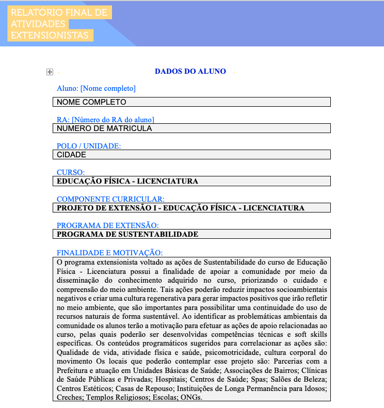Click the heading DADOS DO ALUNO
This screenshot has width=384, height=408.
coord(190,71)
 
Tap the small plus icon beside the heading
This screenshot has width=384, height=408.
coord(50,72)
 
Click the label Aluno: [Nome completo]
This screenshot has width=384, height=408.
coord(96,89)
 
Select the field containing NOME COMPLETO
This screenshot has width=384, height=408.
coord(191,102)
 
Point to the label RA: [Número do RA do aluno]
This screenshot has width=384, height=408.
coord(105,120)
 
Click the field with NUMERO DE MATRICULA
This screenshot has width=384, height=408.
coord(191,128)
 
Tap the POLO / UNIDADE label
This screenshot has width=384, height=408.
coord(89,146)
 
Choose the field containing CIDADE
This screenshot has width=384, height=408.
coord(191,154)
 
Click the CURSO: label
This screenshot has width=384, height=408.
coord(71,172)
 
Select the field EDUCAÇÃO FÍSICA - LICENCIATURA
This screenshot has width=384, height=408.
coord(191,181)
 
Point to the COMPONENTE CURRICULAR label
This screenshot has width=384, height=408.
coord(110,199)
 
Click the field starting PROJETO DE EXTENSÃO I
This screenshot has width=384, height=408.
coord(191,208)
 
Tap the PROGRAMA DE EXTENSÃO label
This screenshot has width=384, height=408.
coord(107,225)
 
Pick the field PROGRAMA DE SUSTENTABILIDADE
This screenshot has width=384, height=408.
coord(191,234)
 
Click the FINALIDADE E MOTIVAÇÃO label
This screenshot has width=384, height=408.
coord(109,252)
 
